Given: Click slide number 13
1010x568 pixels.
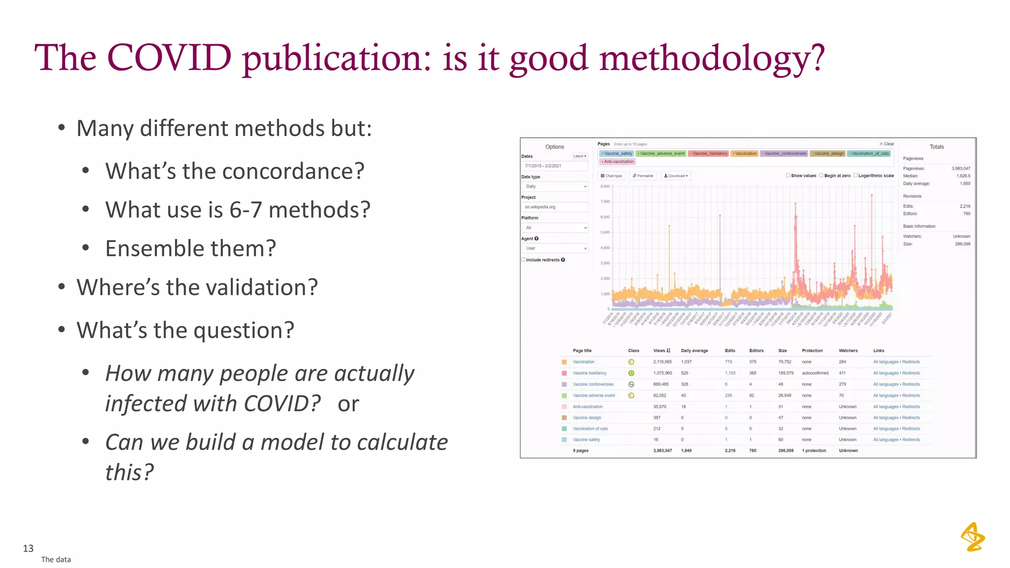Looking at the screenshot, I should (28, 548).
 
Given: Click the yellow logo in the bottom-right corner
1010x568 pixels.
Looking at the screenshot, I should (972, 537).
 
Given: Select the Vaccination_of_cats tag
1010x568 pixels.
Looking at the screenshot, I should (869, 154).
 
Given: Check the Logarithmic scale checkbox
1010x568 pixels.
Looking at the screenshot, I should (856, 176).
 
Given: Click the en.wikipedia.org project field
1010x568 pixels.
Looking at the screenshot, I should (554, 207).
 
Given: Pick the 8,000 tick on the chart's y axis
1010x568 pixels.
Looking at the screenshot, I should (605, 186).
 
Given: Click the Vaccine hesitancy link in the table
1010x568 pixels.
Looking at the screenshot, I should (589, 373).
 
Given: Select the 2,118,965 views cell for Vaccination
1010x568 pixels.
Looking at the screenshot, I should (662, 362).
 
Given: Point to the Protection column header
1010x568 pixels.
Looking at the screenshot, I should (812, 351).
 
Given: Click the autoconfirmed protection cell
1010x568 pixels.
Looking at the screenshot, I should (815, 373).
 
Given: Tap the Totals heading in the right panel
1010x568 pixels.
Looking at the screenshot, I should (936, 147).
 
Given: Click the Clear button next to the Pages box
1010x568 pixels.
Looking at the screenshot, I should (887, 144).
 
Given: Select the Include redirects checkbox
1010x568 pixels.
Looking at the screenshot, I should (523, 260).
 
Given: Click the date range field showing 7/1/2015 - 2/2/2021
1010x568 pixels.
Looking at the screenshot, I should (554, 166).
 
